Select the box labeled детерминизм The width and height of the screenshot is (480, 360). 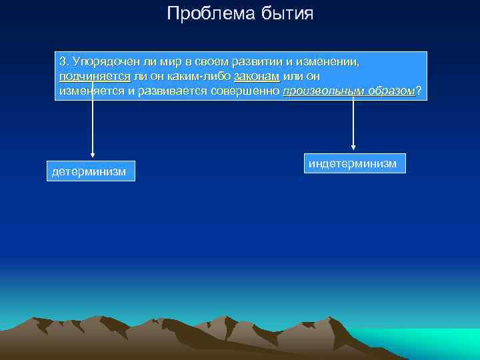(x=91, y=171)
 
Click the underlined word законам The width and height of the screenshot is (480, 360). (x=257, y=76)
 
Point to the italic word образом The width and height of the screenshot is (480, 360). (x=391, y=91)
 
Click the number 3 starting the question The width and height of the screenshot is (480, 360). (x=63, y=61)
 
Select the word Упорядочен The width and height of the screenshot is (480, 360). (x=101, y=61)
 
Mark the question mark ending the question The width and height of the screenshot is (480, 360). (x=418, y=91)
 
